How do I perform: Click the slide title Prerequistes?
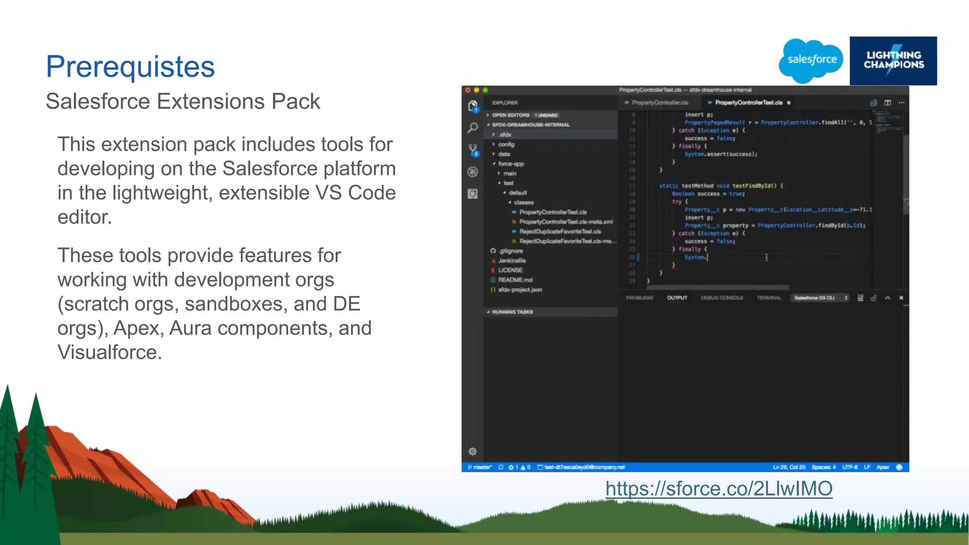click(130, 67)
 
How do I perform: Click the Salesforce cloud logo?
click(811, 60)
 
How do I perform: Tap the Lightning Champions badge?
click(893, 61)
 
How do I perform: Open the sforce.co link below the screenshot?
click(719, 489)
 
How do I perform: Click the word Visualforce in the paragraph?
click(109, 352)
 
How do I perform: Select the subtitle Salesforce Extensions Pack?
click(183, 101)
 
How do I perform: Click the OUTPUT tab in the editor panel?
click(677, 298)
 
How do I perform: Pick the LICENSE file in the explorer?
click(510, 270)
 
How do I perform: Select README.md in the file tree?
click(515, 280)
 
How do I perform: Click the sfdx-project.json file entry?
click(520, 290)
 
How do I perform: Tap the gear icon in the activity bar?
click(472, 451)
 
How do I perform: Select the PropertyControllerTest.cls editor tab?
click(749, 103)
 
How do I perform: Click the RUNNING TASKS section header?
click(512, 312)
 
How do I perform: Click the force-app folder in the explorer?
click(511, 164)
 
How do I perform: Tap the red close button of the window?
click(467, 90)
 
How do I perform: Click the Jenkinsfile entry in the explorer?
click(511, 261)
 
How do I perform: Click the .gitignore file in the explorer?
click(511, 251)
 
